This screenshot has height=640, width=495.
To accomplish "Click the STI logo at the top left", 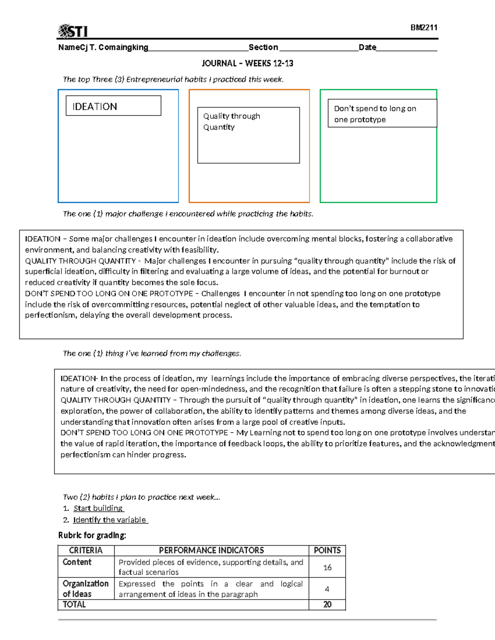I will pos(73,31).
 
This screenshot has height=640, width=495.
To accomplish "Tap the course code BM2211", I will pos(424,28).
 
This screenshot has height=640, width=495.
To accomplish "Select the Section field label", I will pos(263,47).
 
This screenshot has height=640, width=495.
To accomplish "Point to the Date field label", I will pos(367,47).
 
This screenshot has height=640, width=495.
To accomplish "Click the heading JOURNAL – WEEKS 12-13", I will pos(247,63).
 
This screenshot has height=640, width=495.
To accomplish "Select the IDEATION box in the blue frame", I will pos(113,106).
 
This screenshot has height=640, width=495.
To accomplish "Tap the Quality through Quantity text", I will pos(231,122).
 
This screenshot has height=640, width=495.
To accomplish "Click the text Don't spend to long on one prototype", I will pos(375,114).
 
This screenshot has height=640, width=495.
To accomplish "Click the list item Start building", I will pos(98,508).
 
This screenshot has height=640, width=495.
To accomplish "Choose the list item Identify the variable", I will pos(110,520).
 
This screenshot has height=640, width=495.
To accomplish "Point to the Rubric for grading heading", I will pos(92,535).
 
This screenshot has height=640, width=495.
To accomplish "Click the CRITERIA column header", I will pos(86,550).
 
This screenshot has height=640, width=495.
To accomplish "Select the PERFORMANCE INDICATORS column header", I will pos(211,550).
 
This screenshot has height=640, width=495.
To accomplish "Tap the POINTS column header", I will pos(327,550).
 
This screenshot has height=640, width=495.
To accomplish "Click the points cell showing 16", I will pos(327,567).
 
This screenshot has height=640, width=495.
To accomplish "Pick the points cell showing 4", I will pos(327,589).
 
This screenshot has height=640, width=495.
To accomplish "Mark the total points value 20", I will pos(327,605).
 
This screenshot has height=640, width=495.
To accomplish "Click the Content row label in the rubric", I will pos(77,562).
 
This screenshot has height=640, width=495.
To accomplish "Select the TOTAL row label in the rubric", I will pos(74,605).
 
